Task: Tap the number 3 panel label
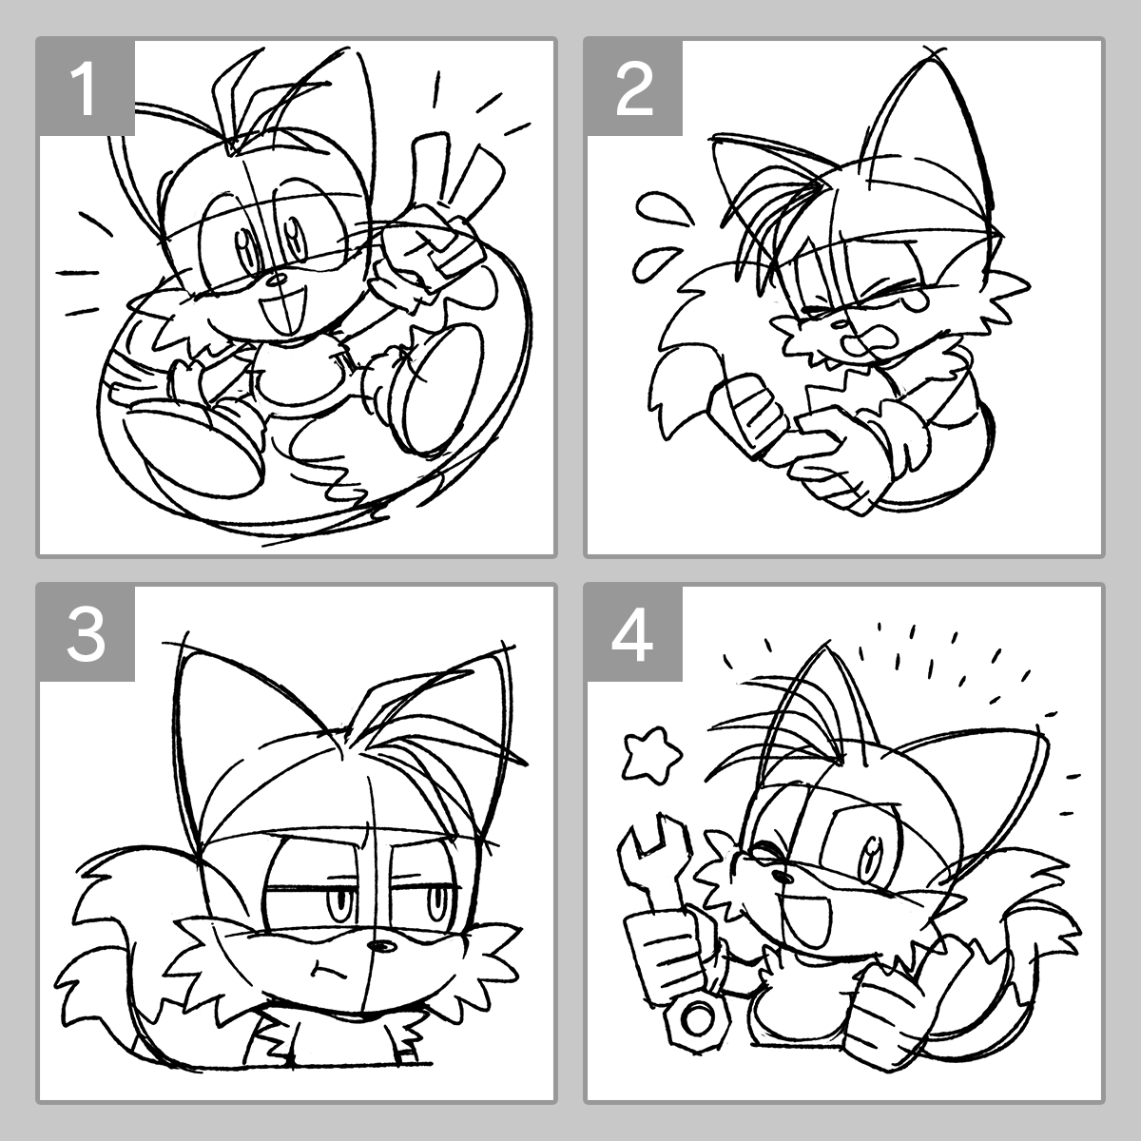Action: (87, 635)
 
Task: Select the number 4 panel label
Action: (632, 635)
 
